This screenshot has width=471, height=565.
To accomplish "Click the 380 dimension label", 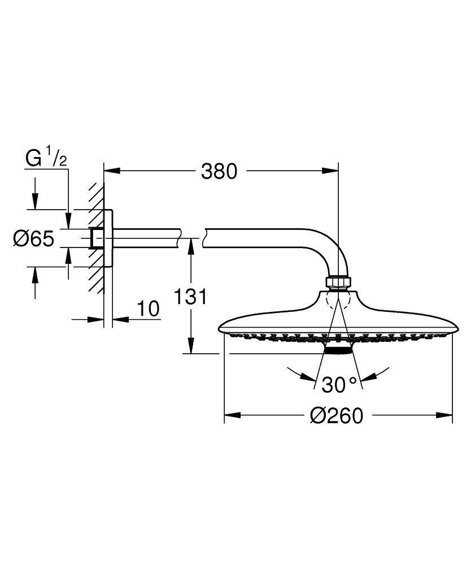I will click(x=220, y=171).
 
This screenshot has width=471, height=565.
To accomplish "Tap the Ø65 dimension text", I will click(x=33, y=239).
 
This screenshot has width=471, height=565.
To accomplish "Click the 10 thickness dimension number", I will click(x=148, y=309).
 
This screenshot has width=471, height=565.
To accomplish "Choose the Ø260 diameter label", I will click(x=337, y=416).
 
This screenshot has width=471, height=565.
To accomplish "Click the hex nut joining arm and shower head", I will click(x=338, y=282).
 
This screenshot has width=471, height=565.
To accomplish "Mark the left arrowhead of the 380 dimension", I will click(x=111, y=170).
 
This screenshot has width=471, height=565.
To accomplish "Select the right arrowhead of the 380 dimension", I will click(x=332, y=170).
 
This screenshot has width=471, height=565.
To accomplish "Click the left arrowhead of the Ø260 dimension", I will click(x=232, y=416).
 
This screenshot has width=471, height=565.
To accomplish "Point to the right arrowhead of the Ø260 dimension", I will click(x=446, y=416).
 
